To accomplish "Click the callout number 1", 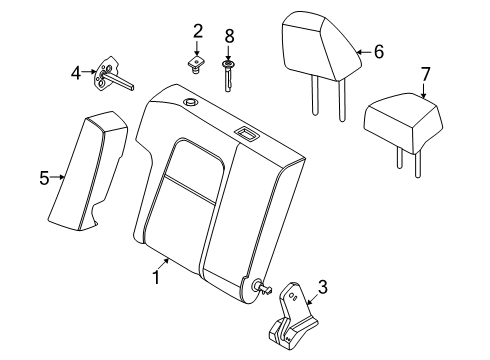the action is (x=156, y=277).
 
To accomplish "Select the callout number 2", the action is (x=198, y=31).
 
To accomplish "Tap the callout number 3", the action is (x=322, y=287).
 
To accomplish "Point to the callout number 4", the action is (x=76, y=73).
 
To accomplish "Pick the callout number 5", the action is (x=44, y=178).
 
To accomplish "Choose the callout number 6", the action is (x=379, y=52).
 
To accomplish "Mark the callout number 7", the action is (x=425, y=74).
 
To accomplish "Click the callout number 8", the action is (x=229, y=36).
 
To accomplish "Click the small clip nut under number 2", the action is (x=197, y=65).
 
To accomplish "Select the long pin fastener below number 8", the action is (x=228, y=76).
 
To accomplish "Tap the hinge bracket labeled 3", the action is (x=293, y=316).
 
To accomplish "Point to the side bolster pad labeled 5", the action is (x=88, y=171).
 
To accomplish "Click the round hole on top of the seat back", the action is (x=191, y=101).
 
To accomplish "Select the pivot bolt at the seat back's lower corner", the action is (x=264, y=287).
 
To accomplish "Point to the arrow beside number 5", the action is (x=57, y=177).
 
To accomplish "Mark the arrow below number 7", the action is (x=424, y=91).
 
